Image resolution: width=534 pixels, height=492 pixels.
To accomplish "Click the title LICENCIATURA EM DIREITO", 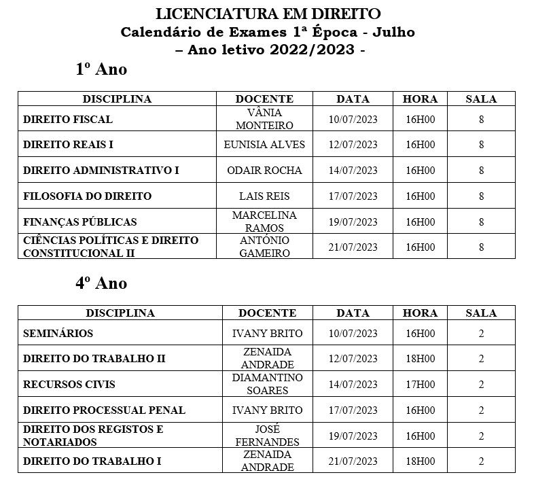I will [268, 14].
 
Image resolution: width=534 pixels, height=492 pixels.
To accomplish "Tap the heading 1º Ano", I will [101, 69].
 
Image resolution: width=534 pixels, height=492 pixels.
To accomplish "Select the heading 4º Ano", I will [101, 283].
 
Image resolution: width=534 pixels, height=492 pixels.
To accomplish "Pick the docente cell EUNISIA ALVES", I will [264, 145].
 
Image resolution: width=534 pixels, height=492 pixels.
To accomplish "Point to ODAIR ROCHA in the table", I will [264, 171].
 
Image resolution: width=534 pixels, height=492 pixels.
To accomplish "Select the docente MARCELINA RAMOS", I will [264, 222].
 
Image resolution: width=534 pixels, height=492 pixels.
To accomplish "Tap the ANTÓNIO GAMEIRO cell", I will [264, 247].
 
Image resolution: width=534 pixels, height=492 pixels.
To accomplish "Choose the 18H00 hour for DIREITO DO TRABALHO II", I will [420, 359].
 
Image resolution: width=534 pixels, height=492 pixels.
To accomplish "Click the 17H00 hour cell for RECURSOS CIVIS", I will [420, 385].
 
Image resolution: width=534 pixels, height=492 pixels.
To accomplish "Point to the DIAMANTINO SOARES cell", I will [267, 384].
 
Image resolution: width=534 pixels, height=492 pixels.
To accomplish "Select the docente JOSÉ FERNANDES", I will [267, 436].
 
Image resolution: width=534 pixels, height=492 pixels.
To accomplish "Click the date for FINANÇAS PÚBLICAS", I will [353, 222].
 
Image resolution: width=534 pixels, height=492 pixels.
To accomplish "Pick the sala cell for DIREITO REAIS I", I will [481, 145].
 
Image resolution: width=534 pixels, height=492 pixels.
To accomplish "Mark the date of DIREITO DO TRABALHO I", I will [353, 461].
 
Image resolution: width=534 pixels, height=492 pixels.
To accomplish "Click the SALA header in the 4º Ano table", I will [481, 313].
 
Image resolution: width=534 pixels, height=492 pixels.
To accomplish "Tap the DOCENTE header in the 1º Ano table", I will [264, 99].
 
